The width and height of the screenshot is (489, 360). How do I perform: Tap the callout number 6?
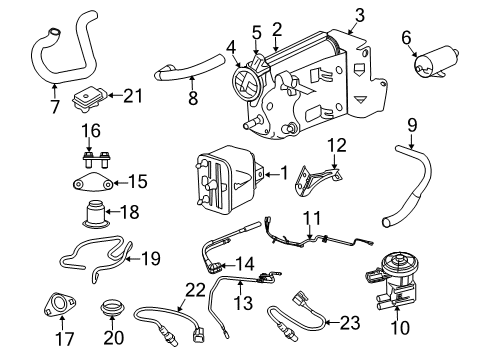click(406, 37)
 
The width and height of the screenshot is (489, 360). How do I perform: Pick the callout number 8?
click(194, 98)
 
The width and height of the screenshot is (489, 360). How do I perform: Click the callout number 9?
click(410, 126)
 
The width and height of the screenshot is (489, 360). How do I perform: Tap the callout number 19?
click(149, 259)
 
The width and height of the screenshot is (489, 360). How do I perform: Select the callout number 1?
click(284, 172)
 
